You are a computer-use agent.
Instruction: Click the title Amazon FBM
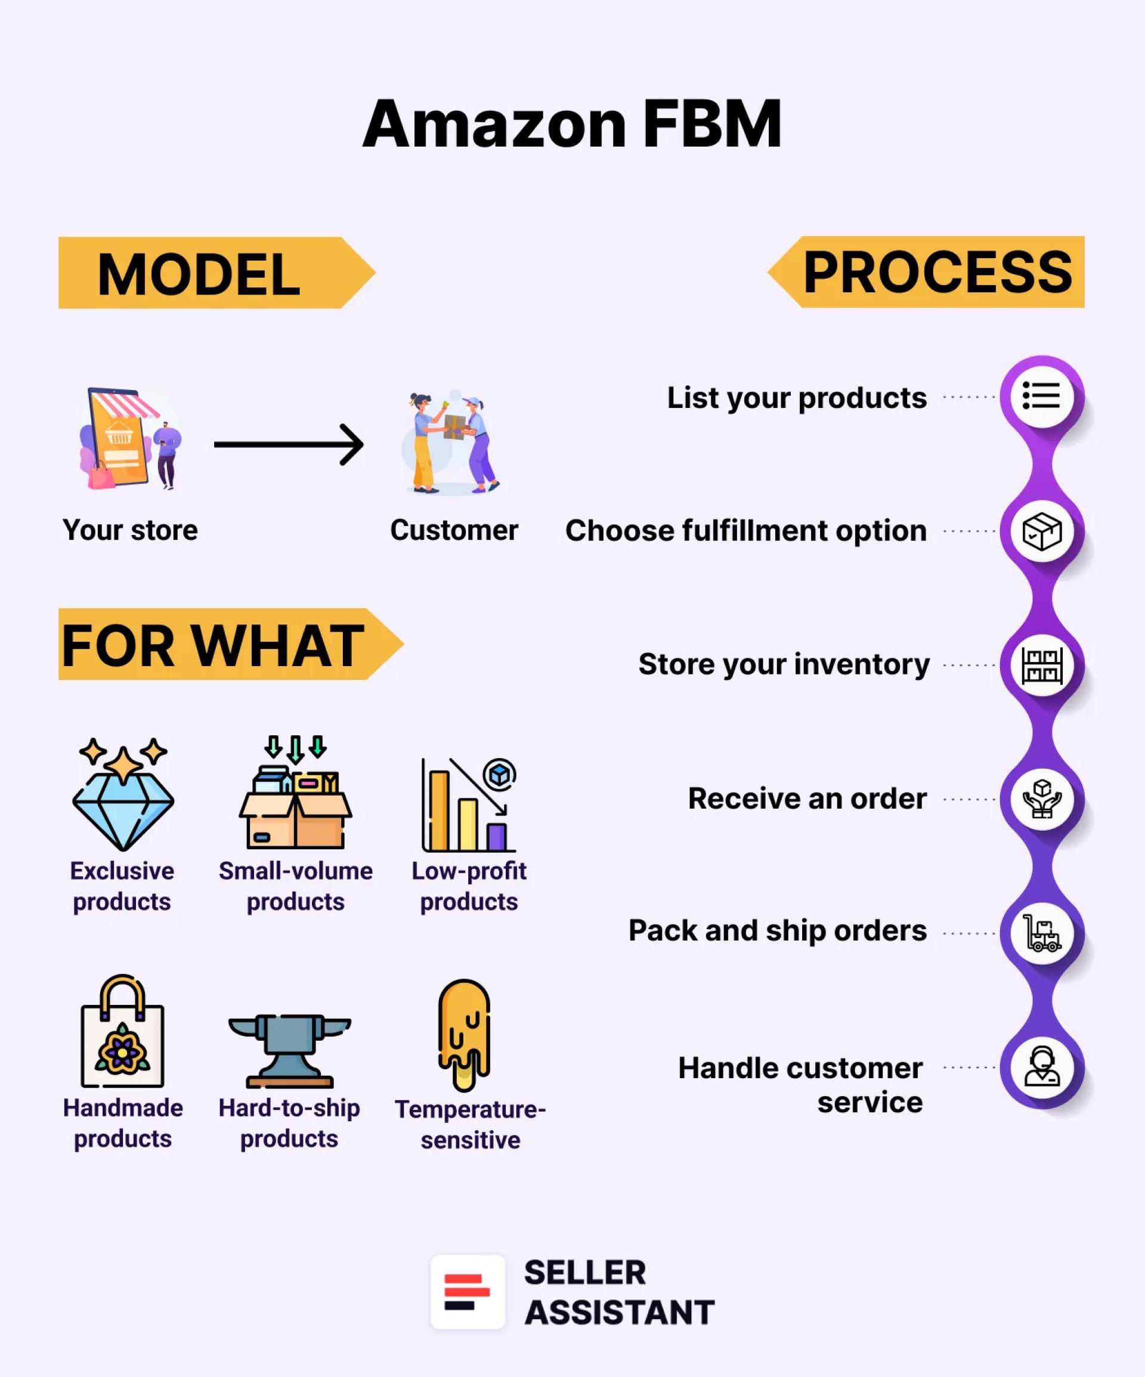click(572, 124)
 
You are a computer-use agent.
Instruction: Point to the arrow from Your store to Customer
click(289, 444)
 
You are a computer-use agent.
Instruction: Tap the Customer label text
click(454, 530)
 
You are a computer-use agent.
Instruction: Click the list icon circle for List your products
click(1041, 396)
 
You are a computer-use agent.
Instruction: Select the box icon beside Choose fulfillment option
click(1041, 531)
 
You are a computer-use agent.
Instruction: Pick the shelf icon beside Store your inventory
click(1041, 665)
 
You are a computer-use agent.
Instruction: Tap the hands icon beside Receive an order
click(1041, 799)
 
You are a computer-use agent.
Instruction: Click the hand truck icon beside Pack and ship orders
click(1041, 933)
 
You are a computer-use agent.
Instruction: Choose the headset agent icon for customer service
click(1041, 1067)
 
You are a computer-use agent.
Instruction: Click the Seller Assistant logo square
click(468, 1292)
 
